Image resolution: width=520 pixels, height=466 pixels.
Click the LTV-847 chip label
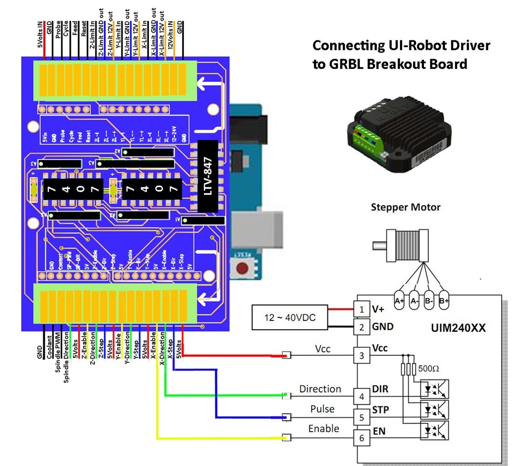click(208, 176)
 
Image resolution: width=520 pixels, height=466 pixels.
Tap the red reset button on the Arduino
click(241, 268)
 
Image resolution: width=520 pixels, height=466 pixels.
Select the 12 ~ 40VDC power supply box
click(290, 318)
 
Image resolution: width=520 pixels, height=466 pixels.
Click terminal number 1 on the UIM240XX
click(361, 309)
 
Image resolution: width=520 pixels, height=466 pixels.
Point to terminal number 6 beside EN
click(361, 438)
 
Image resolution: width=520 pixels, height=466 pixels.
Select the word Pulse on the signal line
click(322, 409)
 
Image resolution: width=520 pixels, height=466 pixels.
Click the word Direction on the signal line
click(320, 389)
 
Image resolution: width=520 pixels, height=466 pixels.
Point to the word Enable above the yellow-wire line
click(323, 429)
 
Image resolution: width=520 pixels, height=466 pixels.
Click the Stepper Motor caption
click(405, 207)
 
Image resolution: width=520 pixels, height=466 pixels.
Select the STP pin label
click(380, 410)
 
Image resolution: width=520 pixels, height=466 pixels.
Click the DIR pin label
click(380, 389)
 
